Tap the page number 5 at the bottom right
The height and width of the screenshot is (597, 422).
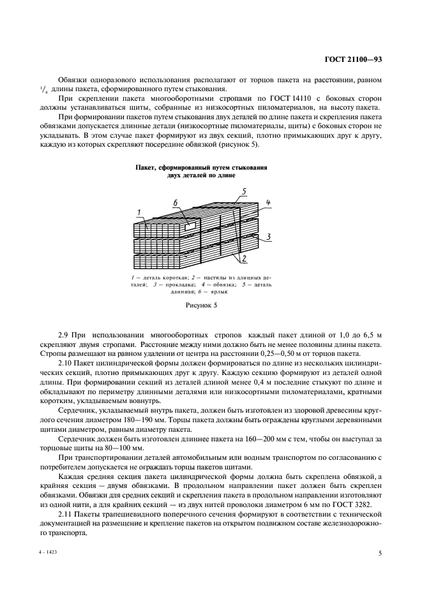point(380,554)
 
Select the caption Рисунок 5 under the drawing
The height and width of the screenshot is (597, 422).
point(202,306)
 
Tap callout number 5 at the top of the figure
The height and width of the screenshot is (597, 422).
point(243,191)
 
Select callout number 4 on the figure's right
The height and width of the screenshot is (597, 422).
point(269,203)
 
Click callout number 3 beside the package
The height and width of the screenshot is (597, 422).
point(269,237)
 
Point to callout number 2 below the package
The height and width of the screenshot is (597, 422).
point(244,258)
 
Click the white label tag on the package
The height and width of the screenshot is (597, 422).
point(190,226)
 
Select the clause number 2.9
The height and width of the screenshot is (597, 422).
point(64,335)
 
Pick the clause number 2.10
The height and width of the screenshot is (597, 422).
point(66,362)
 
